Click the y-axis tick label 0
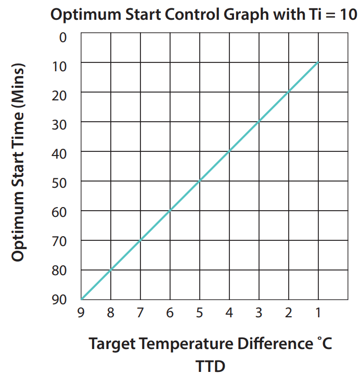(x=63, y=37)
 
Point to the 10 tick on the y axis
(x=60, y=67)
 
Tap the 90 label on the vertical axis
(x=60, y=300)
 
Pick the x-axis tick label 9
(x=81, y=313)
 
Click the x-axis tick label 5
(x=199, y=313)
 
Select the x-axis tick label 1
(x=317, y=313)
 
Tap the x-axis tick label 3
(x=259, y=313)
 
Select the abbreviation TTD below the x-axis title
(x=211, y=366)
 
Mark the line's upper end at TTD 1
(x=317, y=63)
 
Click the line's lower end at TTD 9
(x=82, y=299)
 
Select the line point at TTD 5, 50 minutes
(x=199, y=181)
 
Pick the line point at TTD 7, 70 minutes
(x=140, y=240)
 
